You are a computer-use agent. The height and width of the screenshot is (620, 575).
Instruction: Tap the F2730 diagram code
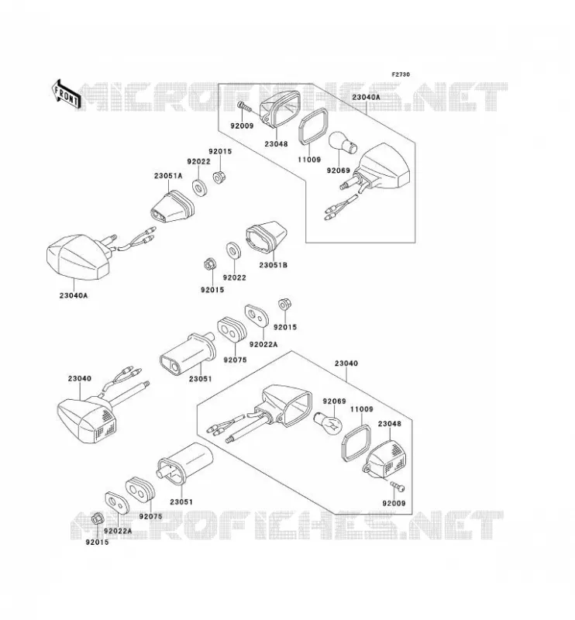[x=401, y=74]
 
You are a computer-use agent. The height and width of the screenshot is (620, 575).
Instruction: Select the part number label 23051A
[x=168, y=176]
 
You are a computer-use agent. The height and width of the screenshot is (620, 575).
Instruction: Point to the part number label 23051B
[x=274, y=265]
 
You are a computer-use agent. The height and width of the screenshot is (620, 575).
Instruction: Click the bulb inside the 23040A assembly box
[x=343, y=143]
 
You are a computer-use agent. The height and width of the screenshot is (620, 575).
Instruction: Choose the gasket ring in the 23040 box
[x=356, y=443]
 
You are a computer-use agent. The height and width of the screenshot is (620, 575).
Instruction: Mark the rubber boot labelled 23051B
[x=266, y=236]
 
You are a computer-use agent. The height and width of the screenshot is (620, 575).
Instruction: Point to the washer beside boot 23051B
[x=233, y=250]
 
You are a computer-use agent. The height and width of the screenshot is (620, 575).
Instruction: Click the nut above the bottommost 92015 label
[x=97, y=519]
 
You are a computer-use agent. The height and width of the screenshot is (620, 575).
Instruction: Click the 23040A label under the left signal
[x=74, y=295]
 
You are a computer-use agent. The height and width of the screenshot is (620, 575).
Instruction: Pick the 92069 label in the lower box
[x=334, y=401]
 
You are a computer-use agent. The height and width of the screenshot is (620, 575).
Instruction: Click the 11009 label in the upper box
[x=309, y=160]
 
